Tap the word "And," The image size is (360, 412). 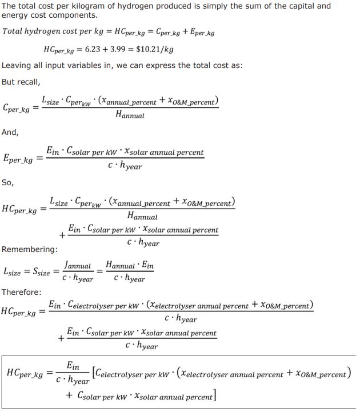[x=10, y=132]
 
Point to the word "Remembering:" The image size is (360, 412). [x=29, y=250]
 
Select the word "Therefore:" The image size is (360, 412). [x=22, y=292]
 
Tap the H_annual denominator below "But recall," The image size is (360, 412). [x=130, y=115]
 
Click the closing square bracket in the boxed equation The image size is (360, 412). [x=213, y=396]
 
